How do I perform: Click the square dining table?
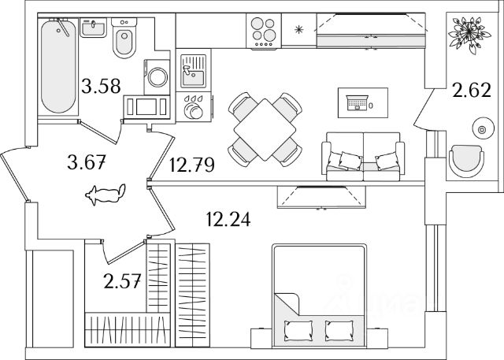[265, 126]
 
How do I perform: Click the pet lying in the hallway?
[106, 192]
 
